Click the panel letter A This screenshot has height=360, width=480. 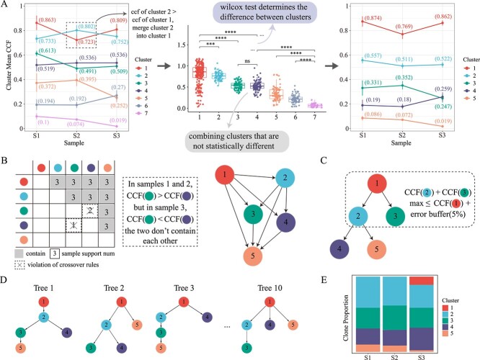click(x=5, y=6)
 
